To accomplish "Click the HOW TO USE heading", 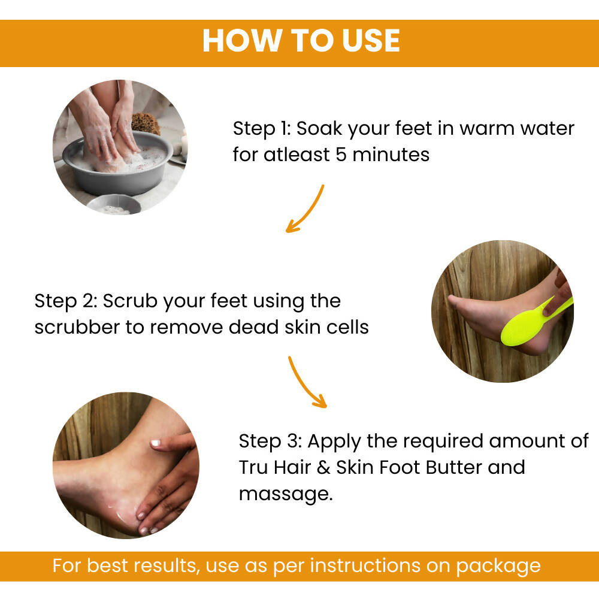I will pos(301,41).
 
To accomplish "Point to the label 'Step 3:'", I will pos(270,441).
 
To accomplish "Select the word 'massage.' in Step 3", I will pos(285,495).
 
